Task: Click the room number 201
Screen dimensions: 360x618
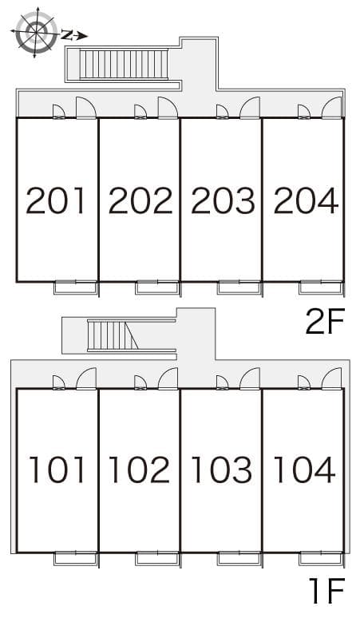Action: pos(56,200)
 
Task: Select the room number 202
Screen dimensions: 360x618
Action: pos(140,200)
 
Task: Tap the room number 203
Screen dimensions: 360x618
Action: pos(223,200)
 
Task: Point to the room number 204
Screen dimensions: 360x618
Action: pos(306,200)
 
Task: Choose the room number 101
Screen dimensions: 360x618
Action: pos(57,469)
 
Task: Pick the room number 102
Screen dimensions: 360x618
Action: pos(140,469)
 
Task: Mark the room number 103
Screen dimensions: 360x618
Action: pos(222,469)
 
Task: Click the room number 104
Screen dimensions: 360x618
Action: pos(304,469)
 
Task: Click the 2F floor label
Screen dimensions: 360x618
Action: pos(326,321)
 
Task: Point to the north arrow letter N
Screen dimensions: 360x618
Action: pos(67,35)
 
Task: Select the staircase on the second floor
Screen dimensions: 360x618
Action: pos(124,64)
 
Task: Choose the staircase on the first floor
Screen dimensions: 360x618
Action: pos(113,335)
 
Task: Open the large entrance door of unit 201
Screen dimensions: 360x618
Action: pos(86,108)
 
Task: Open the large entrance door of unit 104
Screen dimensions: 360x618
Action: pos(331,378)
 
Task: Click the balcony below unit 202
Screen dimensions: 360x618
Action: pos(157,287)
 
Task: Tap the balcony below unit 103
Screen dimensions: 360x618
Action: pos(239,558)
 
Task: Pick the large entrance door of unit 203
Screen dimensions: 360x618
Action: pos(250,108)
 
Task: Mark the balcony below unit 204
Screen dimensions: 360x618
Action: pos(321,287)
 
